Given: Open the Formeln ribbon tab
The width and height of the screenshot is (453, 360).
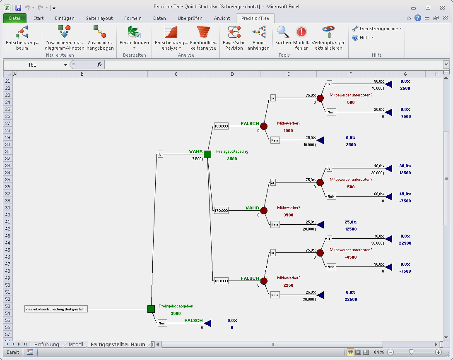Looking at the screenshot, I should tap(133, 18).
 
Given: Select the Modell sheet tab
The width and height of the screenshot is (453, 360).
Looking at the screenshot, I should tap(76, 344).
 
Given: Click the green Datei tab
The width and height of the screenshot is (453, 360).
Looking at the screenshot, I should tap(14, 18).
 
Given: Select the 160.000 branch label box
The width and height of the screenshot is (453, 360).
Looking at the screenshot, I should tap(221, 126).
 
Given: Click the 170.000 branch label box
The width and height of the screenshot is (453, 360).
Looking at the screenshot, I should tap(221, 211).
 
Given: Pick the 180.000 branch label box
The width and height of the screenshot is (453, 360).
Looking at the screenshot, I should tap(221, 281).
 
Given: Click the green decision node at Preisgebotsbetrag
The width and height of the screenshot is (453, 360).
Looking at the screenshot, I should tap(207, 154).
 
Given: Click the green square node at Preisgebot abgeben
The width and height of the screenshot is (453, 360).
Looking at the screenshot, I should tap(151, 309).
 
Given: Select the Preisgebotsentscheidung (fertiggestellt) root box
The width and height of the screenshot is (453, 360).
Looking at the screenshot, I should tap(56, 309).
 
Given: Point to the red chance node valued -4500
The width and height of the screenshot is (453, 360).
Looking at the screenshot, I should tap(320, 253).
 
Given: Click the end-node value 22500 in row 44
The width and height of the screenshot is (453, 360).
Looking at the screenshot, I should tap(405, 243).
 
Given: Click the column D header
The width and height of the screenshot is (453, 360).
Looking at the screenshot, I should tap(232, 74).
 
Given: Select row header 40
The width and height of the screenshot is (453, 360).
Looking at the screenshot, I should tap(7, 214).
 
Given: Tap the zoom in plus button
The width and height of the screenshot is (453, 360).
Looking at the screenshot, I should tap(439, 352).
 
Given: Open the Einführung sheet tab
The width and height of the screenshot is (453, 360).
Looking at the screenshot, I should tap(47, 344).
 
